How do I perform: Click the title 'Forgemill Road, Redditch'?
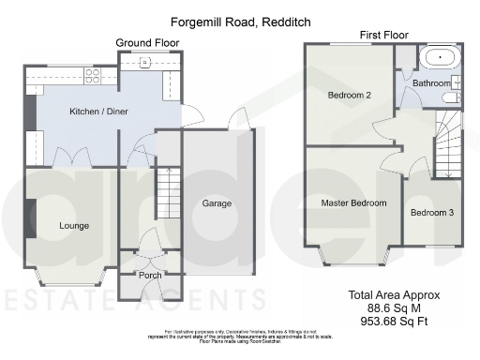(x=239, y=20)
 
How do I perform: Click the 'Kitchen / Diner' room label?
(x=98, y=112)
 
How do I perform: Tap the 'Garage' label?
(x=217, y=203)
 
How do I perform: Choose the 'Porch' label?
(x=150, y=276)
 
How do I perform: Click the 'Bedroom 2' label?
(x=350, y=95)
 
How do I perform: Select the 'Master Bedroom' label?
(x=353, y=202)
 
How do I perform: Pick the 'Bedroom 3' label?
(x=431, y=213)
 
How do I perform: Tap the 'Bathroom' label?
(x=432, y=83)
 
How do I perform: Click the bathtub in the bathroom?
(x=439, y=58)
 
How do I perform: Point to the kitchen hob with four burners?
(x=94, y=74)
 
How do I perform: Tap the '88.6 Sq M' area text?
(x=407, y=307)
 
